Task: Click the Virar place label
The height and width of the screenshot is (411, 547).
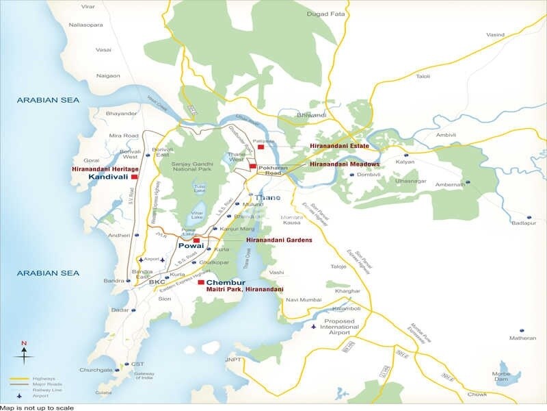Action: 88,6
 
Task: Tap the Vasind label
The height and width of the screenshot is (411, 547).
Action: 495,34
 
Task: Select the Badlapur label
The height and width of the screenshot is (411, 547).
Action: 524,222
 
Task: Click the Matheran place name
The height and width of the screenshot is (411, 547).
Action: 523,338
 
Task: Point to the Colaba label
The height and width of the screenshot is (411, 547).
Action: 103,393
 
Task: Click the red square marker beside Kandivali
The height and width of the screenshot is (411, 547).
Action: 135,177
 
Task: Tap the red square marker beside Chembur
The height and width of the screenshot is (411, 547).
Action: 200,282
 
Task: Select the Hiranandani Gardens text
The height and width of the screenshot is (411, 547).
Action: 280,240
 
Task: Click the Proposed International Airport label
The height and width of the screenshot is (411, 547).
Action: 341,327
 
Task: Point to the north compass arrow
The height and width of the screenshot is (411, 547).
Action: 24,354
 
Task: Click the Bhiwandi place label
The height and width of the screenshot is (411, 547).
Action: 312,115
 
